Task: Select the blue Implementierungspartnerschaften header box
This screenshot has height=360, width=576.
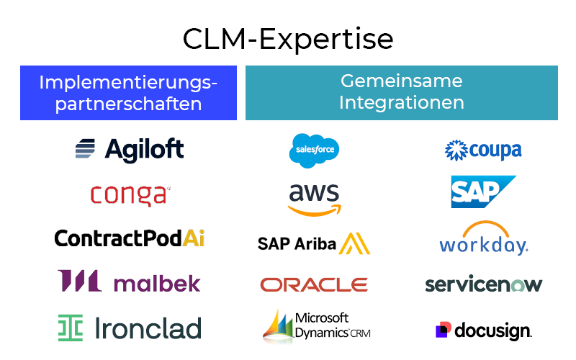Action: [128, 92]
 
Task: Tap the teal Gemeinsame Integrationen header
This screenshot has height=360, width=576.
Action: [401, 92]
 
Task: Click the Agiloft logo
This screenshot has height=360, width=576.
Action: [130, 149]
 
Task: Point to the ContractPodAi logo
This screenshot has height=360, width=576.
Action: [130, 238]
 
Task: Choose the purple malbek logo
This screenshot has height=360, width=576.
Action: [130, 282]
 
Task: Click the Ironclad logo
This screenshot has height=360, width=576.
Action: [130, 328]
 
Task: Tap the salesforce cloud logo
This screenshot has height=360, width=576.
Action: [314, 150]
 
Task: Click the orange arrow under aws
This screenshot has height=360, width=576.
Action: [314, 210]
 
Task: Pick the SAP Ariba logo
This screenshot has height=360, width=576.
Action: [314, 243]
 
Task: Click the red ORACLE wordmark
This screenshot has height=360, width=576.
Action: [314, 284]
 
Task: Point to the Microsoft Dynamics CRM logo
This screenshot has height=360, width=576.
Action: [315, 325]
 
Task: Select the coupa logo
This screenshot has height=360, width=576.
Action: [483, 150]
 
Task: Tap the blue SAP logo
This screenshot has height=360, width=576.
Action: [482, 192]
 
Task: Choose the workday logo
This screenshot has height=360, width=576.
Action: [483, 239]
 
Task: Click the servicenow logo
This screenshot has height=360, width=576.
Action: [483, 284]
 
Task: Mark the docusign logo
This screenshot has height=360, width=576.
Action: [483, 330]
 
